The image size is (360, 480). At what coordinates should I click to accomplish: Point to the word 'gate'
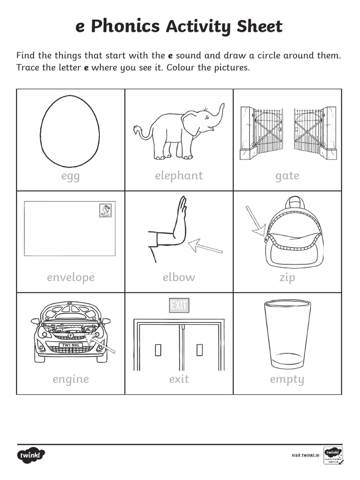tap(287, 176)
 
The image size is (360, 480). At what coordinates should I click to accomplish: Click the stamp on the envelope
tap(105, 210)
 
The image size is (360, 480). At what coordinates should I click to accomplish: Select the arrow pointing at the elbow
tap(205, 245)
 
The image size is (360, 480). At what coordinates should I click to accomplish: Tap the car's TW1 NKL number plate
tap(70, 345)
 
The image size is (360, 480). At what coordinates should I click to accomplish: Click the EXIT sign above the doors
tap(179, 306)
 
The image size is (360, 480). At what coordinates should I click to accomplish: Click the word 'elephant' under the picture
tap(179, 176)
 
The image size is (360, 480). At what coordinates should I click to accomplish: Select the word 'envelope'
tap(70, 277)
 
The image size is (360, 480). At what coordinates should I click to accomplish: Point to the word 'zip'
tap(287, 277)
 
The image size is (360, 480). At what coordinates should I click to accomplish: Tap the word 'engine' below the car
tap(70, 379)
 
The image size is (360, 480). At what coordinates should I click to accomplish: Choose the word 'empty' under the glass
tap(287, 379)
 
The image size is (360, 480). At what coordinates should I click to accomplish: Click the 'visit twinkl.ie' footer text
tap(305, 455)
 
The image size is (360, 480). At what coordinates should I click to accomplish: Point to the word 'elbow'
tap(179, 277)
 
